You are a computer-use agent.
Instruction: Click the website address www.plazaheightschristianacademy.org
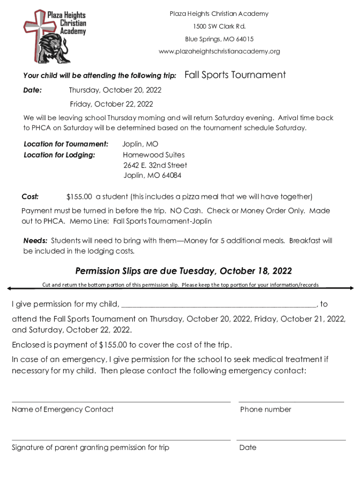click(219, 51)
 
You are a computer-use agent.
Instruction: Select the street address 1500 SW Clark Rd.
click(219, 26)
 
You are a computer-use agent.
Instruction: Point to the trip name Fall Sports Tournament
click(235, 75)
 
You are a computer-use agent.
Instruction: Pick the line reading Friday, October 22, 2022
click(111, 104)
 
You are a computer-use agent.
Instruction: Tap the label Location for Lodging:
click(59, 155)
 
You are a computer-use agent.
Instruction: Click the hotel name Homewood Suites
click(154, 155)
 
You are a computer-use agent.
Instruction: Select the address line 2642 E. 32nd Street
click(155, 165)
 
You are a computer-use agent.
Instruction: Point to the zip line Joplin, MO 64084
click(152, 176)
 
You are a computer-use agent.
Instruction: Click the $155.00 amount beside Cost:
click(79, 196)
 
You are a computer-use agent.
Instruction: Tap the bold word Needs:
click(36, 241)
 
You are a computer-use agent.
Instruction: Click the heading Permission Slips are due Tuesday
click(184, 271)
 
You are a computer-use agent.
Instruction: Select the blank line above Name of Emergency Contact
click(121, 401)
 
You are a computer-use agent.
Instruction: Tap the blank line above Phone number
click(291, 401)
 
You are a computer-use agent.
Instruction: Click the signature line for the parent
click(121, 440)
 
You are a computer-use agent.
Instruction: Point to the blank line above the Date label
click(291, 440)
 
